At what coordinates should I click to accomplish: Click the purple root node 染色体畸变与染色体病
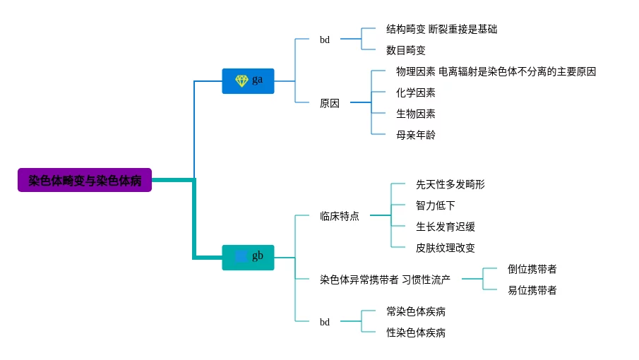tap(85, 180)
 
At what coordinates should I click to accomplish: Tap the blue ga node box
tap(248, 81)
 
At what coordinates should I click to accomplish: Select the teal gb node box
tap(248, 257)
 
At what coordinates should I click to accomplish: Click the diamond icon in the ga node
tap(241, 81)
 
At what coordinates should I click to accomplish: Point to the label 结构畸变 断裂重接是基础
tap(441, 29)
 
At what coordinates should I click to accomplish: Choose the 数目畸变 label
tap(406, 50)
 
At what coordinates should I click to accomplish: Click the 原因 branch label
tap(329, 103)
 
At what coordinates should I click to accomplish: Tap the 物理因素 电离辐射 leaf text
tap(496, 71)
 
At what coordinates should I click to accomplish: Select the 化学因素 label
tap(416, 92)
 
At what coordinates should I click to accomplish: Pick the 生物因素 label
tap(416, 114)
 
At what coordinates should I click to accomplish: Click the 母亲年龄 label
tap(416, 135)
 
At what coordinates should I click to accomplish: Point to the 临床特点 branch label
tap(339, 216)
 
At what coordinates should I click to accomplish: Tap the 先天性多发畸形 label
tap(450, 184)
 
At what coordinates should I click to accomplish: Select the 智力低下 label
tap(436, 205)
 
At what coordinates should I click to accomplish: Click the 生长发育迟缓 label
tap(446, 227)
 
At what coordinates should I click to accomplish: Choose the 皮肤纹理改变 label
tap(446, 248)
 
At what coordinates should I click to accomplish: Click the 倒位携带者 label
tap(532, 269)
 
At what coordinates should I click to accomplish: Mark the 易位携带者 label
tap(532, 290)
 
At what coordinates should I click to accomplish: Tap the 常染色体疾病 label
tap(416, 311)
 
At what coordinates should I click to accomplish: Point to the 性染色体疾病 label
tap(416, 332)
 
